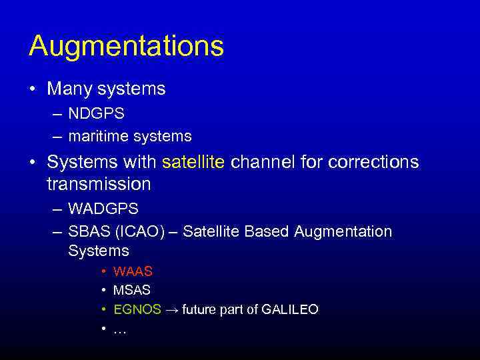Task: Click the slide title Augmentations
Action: tap(126, 46)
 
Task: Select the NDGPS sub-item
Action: tap(96, 114)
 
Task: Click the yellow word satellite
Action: tap(193, 162)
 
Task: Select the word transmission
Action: tap(99, 183)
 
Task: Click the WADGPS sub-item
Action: tap(103, 209)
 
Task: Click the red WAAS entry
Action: tap(133, 271)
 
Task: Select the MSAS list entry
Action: tap(132, 290)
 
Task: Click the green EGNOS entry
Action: tap(137, 309)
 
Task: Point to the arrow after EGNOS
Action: tap(171, 309)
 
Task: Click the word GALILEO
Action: tap(289, 309)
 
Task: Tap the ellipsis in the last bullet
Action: tap(119, 329)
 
